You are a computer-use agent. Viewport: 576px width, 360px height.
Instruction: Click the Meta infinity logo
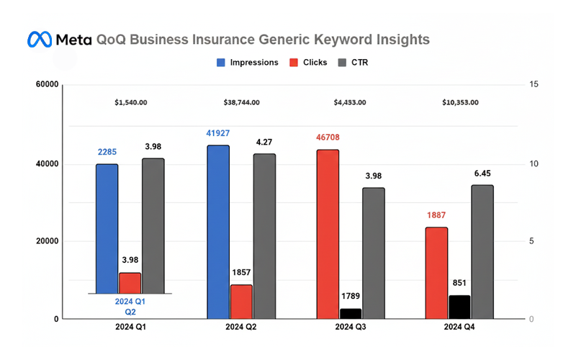coord(40,39)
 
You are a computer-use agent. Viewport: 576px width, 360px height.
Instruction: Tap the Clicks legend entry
coord(312,63)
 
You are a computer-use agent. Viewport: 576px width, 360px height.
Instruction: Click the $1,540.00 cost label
coord(131,102)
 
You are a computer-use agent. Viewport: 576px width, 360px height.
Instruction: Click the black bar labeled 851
coord(459,307)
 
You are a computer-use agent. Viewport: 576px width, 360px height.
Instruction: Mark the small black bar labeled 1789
coord(351,313)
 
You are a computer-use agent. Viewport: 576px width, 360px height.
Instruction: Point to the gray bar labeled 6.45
coord(482,251)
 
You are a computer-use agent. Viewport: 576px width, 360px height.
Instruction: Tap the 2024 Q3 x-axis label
coord(350,328)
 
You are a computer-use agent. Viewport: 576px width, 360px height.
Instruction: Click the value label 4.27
coord(264,142)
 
